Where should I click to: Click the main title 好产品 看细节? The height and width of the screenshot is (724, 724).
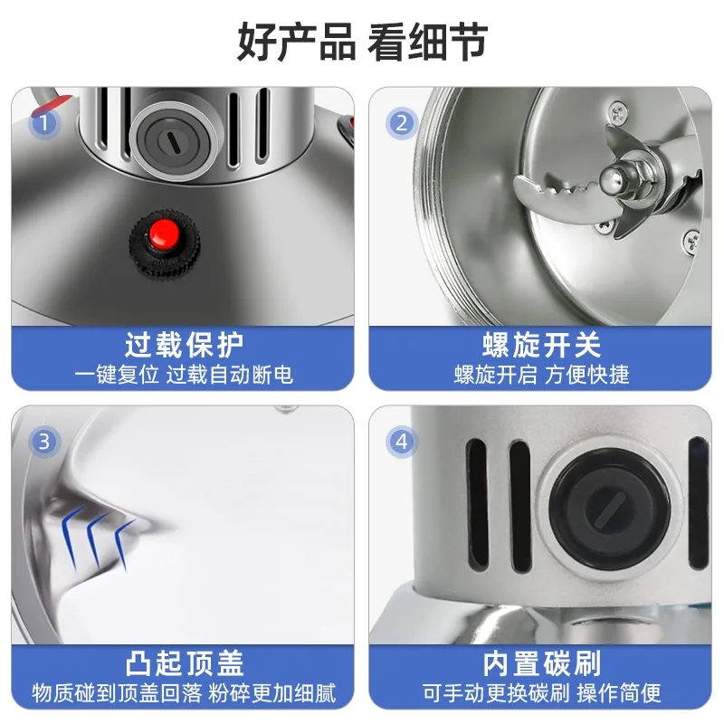(x=363, y=42)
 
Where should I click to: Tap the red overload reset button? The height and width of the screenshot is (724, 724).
(x=164, y=233)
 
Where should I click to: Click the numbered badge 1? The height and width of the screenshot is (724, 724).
(x=44, y=123)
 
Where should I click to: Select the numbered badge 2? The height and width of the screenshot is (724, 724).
(x=402, y=123)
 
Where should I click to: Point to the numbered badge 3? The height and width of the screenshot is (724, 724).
(x=44, y=442)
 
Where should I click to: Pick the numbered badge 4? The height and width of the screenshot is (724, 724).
(x=402, y=442)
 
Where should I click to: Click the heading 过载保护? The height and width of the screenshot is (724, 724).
(x=184, y=345)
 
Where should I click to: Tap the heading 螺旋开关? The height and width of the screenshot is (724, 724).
(x=541, y=345)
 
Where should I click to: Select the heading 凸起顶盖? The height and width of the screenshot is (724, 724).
(x=184, y=663)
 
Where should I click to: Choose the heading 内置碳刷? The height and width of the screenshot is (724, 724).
(x=541, y=663)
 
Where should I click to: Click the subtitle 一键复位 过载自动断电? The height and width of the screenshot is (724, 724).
(x=184, y=375)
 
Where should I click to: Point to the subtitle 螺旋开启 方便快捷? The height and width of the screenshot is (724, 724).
(x=541, y=375)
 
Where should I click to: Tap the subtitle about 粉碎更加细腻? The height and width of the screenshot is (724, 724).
(x=184, y=693)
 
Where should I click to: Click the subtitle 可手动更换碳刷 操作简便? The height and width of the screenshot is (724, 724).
(x=541, y=693)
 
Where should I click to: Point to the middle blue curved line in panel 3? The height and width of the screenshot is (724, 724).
(x=98, y=538)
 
